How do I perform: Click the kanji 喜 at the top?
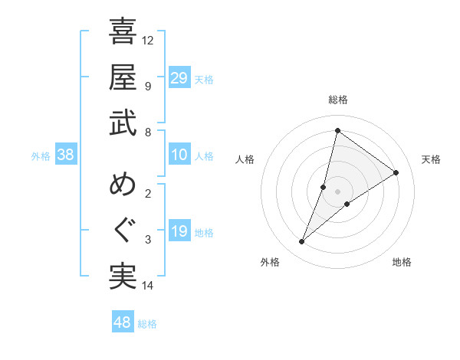123,32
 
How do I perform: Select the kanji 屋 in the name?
123,78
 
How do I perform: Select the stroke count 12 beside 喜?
149,40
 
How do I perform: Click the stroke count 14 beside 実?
149,286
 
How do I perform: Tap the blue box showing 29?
179,78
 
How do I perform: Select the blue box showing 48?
123,322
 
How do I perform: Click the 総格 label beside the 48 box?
147,324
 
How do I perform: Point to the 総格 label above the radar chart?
337,100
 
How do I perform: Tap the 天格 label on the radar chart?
431,159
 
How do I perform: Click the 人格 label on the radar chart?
245,159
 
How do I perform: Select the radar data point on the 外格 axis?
302,242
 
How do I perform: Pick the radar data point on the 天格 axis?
396,172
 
